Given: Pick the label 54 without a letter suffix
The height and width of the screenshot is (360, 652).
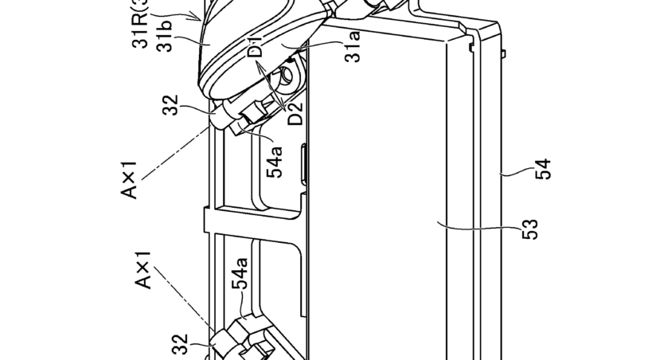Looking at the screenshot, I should point(544,170).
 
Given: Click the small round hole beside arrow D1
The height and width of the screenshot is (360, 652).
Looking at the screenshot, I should point(284,78).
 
